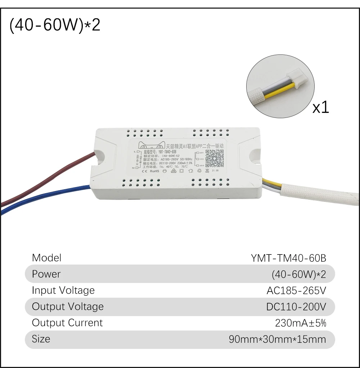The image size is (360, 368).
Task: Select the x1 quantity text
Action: tap(320, 107)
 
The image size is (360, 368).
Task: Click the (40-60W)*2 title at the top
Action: tap(55, 26)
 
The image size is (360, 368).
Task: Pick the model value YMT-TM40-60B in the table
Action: tap(288, 258)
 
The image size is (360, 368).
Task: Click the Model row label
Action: tap(46, 258)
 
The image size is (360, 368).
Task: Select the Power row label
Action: tap(46, 274)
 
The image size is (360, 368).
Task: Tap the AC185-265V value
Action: tap(296, 291)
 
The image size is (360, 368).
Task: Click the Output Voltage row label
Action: tap(68, 306)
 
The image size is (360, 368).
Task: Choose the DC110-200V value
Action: tap(296, 307)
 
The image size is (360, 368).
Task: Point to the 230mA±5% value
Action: tap(300, 323)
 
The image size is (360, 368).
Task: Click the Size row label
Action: tap(41, 339)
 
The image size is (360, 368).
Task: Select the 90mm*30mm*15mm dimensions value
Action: tap(277, 339)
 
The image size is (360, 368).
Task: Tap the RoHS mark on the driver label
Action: tap(154, 171)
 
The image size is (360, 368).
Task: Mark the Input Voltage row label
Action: tap(63, 290)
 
